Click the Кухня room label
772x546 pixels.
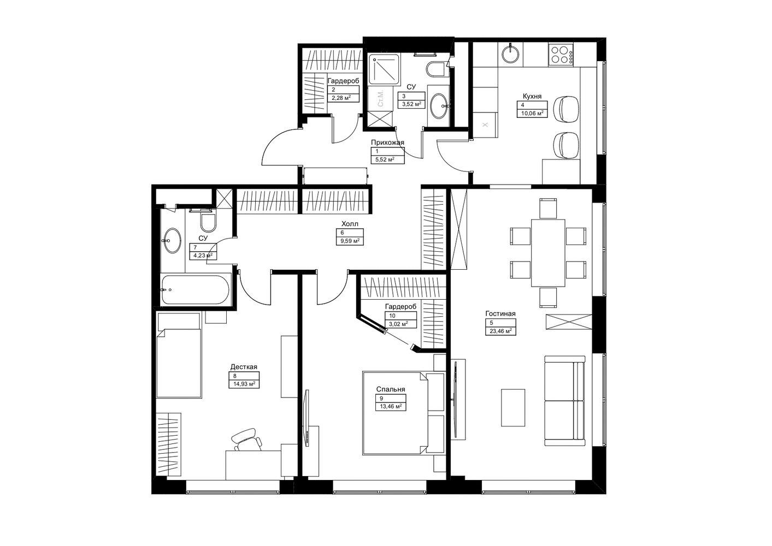[x=532, y=96]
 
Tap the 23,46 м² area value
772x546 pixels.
[x=501, y=331]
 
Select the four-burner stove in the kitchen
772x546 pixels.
[x=561, y=55]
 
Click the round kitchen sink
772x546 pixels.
[x=510, y=55]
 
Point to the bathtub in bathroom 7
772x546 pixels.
[x=196, y=289]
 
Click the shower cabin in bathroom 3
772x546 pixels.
[x=384, y=69]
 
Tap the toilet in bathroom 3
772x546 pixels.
[x=436, y=69]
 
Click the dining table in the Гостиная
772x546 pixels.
[x=548, y=253]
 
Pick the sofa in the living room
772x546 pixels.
[x=564, y=401]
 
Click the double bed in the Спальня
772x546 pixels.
[x=395, y=413]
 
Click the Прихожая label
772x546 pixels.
[x=387, y=143]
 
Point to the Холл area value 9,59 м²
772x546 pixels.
[x=350, y=241]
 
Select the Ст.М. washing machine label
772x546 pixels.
[x=380, y=98]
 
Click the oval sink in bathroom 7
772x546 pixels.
[x=172, y=240]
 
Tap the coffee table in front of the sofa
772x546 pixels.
[x=513, y=407]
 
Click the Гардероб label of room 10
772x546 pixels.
[x=400, y=306]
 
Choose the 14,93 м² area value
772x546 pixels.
[x=244, y=384]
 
